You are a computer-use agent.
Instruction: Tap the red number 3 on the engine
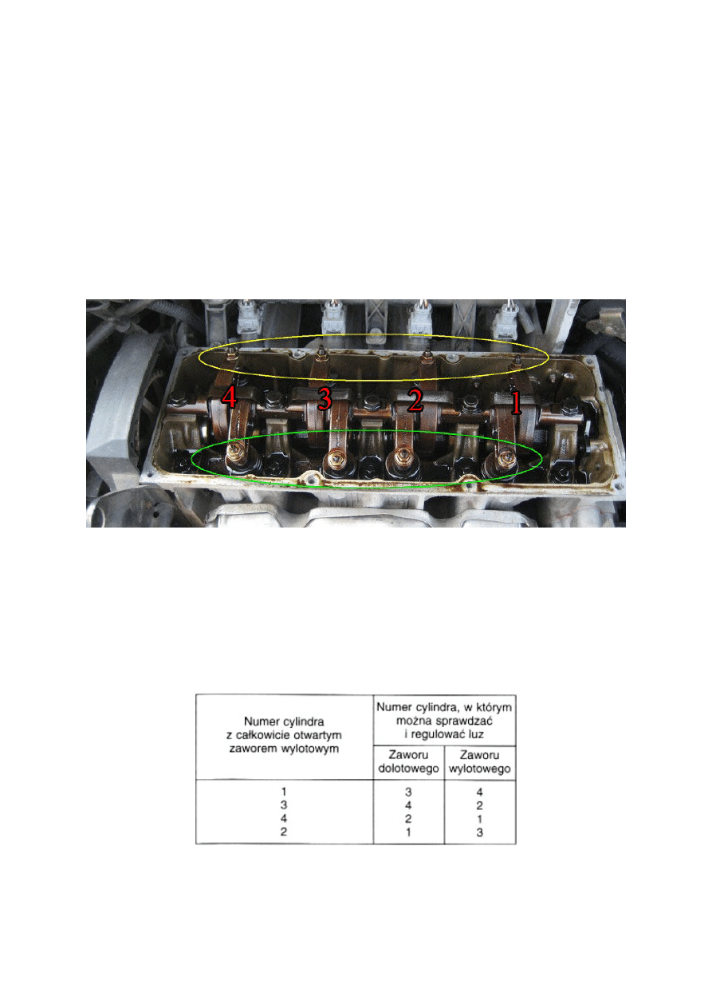click(325, 399)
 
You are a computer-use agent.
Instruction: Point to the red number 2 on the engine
click(415, 400)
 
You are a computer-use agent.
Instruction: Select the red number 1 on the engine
click(516, 402)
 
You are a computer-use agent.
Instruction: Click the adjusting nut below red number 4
click(235, 452)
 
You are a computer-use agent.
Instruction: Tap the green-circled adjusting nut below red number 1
click(507, 457)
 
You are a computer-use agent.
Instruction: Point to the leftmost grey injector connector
click(247, 318)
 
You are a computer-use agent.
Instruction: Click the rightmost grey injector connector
click(505, 319)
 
